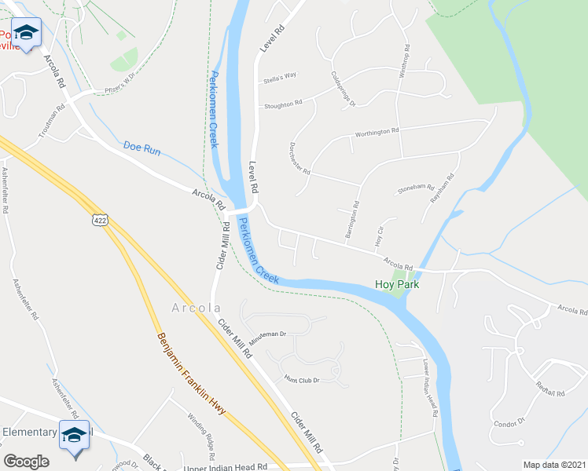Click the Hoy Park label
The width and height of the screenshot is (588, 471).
pyautogui.click(x=396, y=285)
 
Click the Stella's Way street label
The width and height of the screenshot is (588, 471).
pyautogui.click(x=280, y=76)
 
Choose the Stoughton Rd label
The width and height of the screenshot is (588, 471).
pyautogui.click(x=283, y=104)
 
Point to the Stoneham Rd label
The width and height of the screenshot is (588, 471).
pyautogui.click(x=416, y=188)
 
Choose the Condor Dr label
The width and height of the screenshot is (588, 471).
pyautogui.click(x=509, y=423)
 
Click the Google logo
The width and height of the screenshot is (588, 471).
pyautogui.click(x=26, y=462)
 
